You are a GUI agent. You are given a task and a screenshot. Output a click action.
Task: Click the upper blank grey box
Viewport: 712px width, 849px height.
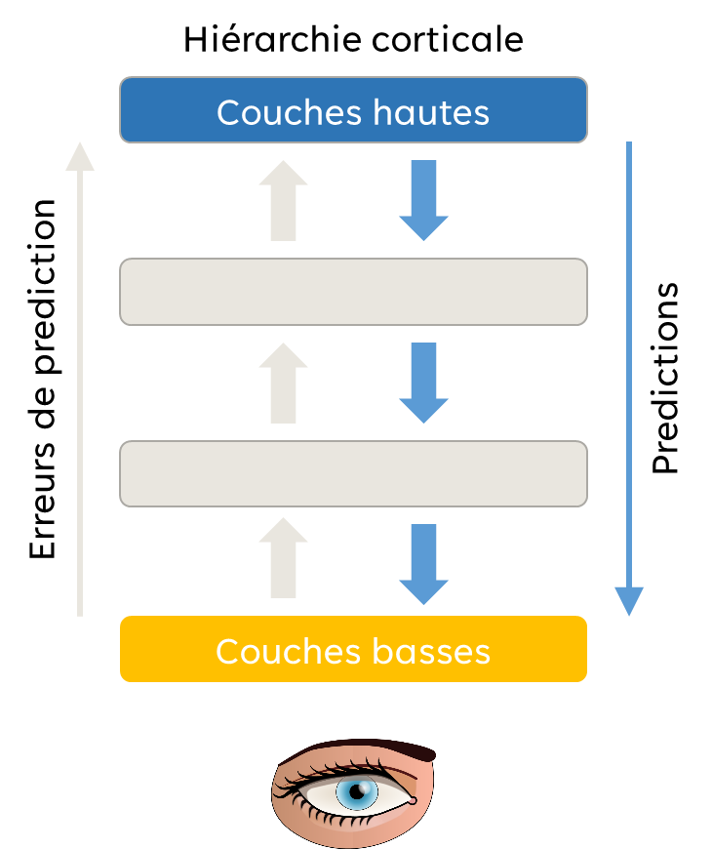[x=353, y=292]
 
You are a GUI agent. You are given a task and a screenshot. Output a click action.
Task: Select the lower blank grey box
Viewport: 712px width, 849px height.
[x=353, y=473]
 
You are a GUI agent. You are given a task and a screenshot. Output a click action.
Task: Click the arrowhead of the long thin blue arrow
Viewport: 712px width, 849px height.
[x=629, y=601]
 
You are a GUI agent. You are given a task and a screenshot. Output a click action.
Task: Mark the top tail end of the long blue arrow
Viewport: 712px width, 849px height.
[x=629, y=145]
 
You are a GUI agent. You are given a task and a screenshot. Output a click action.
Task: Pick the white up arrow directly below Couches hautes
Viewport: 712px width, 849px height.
[x=283, y=199]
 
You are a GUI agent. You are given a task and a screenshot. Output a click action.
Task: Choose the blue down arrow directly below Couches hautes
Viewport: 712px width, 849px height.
[x=423, y=199]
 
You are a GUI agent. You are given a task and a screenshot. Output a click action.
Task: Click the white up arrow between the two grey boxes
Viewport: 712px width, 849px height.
[x=283, y=382]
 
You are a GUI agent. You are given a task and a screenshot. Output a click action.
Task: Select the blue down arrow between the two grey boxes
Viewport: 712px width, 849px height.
[x=423, y=382]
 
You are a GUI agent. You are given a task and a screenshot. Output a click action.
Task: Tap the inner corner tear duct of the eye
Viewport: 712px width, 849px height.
[x=413, y=800]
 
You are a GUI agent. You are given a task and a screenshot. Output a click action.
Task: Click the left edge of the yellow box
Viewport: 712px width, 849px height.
[x=122, y=649]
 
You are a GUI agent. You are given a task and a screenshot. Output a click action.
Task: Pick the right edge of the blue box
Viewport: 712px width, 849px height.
[x=586, y=110]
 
